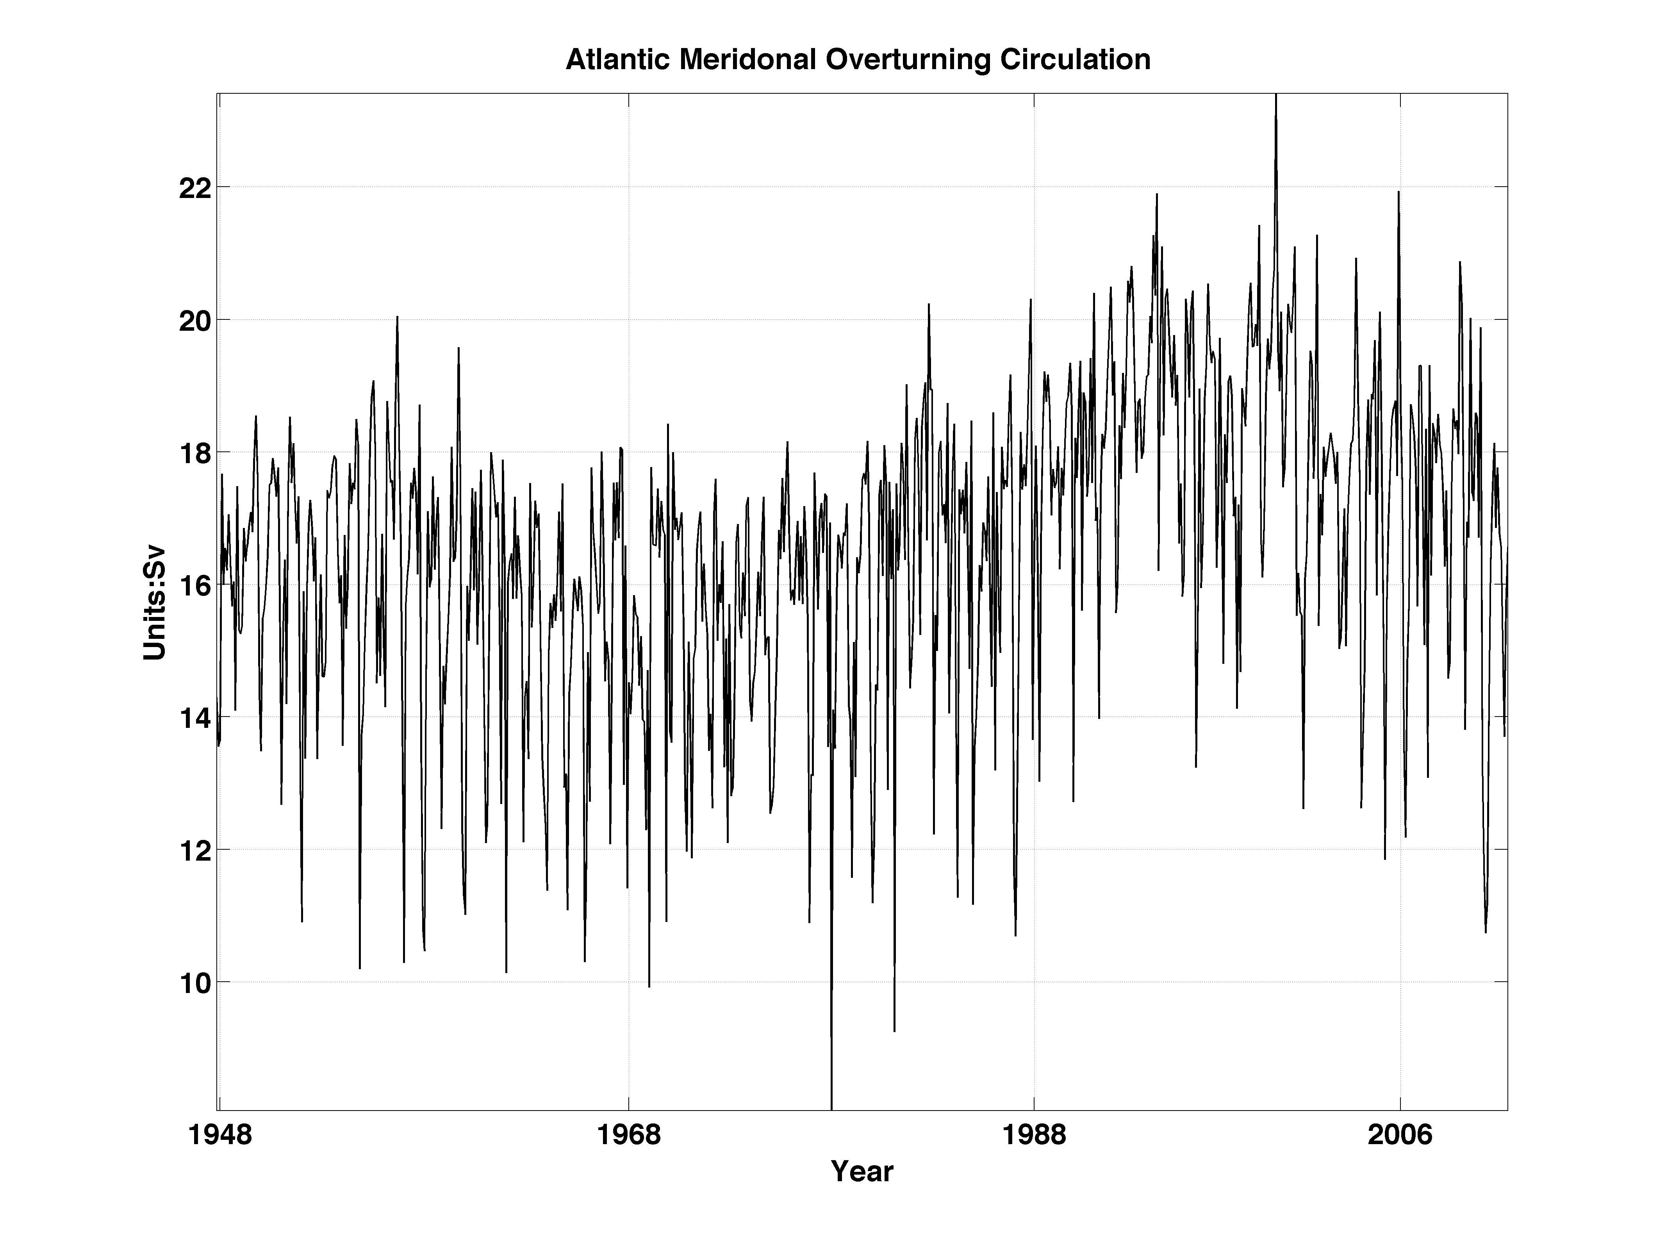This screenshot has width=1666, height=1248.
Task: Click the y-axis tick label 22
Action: pyautogui.click(x=194, y=187)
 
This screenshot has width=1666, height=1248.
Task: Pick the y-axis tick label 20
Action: pyautogui.click(x=194, y=320)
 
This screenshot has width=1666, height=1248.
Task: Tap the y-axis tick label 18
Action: pyautogui.click(x=194, y=453)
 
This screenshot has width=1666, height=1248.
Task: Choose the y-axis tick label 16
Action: pyautogui.click(x=194, y=585)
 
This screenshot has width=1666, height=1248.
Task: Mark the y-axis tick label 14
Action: pyautogui.click(x=194, y=718)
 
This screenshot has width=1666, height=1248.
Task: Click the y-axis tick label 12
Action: pyautogui.click(x=194, y=850)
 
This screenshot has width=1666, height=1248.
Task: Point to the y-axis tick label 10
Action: pyautogui.click(x=194, y=983)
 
